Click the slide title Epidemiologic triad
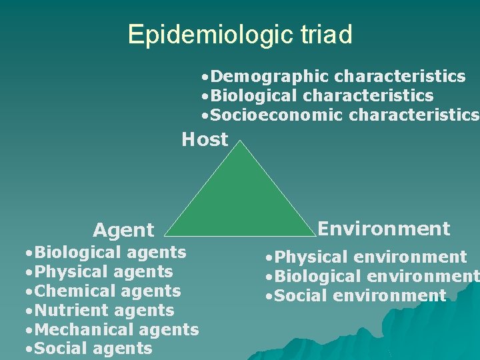tap(240, 34)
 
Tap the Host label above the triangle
tap(205, 139)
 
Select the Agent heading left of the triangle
tap(123, 231)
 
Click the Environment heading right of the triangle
tap(383, 229)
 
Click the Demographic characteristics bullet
tap(333, 77)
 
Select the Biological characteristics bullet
tap(317, 96)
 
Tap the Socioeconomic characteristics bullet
tap(340, 115)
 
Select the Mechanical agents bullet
tap(111, 329)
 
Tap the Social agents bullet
tap(87, 348)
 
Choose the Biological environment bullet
tap(371, 276)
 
